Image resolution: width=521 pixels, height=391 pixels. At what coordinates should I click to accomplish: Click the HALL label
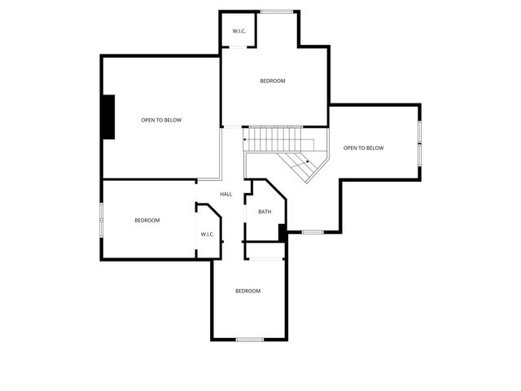click(226, 194)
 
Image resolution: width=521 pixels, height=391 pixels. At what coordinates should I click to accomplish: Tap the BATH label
click(265, 212)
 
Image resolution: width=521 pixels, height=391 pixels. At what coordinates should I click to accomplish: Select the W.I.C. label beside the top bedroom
click(239, 32)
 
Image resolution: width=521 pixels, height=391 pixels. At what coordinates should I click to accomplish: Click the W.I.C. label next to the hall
click(207, 235)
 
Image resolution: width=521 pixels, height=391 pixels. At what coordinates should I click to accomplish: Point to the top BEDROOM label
click(272, 81)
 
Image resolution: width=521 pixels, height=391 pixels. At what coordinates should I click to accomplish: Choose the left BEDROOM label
click(147, 220)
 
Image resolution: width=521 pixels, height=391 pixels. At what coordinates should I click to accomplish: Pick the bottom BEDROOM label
click(247, 291)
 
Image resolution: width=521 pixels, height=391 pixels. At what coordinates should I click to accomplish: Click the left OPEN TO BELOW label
click(161, 120)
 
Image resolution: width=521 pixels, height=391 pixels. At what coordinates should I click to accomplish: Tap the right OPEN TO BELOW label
click(363, 147)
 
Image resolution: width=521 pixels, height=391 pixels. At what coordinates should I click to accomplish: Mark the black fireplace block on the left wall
click(107, 116)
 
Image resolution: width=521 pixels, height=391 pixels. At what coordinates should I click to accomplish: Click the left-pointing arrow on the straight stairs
click(246, 139)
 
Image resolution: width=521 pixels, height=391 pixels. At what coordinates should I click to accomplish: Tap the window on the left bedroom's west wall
click(101, 220)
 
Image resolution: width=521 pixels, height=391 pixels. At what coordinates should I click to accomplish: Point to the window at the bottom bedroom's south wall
click(249, 339)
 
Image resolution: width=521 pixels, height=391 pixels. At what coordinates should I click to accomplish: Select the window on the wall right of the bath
click(313, 232)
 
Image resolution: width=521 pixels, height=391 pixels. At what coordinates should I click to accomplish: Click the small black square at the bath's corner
click(282, 232)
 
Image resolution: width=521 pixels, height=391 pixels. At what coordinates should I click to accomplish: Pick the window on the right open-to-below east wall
click(420, 143)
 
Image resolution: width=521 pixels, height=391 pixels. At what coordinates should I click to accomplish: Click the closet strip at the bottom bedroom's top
click(265, 259)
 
